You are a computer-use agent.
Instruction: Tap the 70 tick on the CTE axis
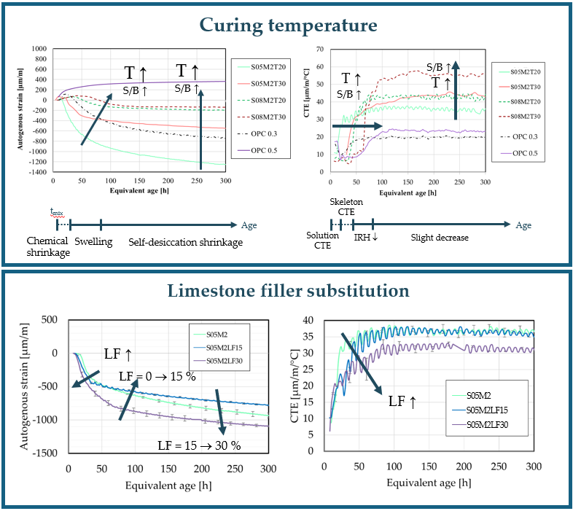319,49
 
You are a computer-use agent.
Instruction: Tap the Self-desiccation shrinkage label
185,242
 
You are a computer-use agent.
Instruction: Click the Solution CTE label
322,241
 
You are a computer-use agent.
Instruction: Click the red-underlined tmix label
57,212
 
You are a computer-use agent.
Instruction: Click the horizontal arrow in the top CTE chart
358,126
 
